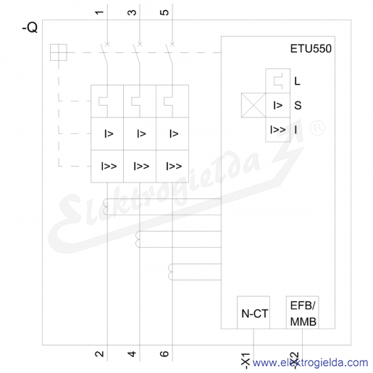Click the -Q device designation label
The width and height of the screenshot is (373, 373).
tap(30, 28)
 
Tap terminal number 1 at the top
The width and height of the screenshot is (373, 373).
tap(99, 12)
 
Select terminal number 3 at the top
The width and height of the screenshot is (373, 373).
tap(132, 12)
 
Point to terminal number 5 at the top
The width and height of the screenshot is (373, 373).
tap(164, 12)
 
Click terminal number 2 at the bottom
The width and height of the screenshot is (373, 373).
tap(99, 353)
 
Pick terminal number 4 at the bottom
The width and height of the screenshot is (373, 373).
tap(132, 353)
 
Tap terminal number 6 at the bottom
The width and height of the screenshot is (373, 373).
tap(164, 353)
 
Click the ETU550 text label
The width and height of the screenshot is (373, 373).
tap(311, 49)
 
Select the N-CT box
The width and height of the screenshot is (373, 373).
tap(253, 312)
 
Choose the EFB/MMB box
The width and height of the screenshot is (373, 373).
tap(302, 312)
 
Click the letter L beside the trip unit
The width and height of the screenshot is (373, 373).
tap(297, 81)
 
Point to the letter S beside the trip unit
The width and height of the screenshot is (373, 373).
tap(298, 105)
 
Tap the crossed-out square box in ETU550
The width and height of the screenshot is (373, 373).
tap(253, 105)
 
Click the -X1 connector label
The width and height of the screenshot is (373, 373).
tap(246, 361)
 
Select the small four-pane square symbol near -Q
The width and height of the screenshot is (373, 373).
tap(59, 52)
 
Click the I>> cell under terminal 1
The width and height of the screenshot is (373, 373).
tap(107, 166)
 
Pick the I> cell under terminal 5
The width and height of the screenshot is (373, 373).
tap(172, 133)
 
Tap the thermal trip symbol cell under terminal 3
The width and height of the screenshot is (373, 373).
tap(140, 101)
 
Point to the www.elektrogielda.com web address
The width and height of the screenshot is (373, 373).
tap(310, 363)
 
